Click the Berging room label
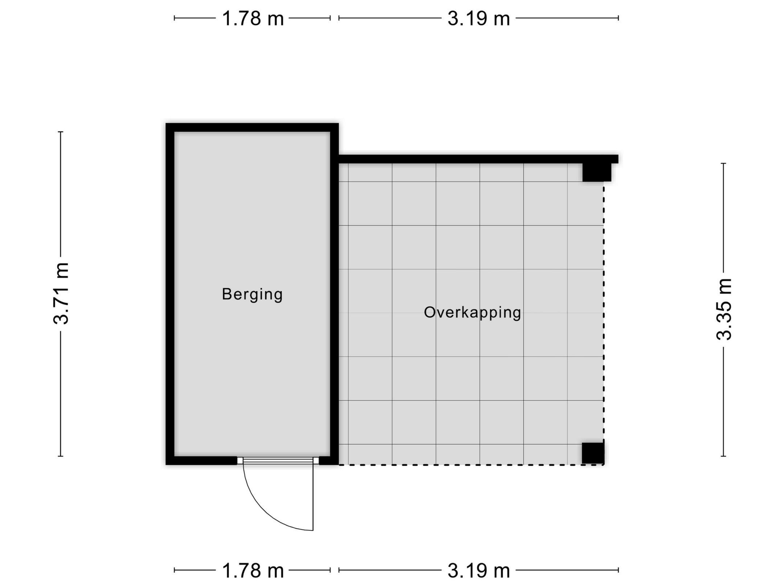252,294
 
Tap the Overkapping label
472,313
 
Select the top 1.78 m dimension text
253,19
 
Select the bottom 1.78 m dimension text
253,571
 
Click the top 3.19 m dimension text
478,19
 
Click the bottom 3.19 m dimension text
478,571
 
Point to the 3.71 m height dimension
61,293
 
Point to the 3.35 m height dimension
723,309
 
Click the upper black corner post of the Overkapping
596,172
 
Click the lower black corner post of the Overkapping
593,453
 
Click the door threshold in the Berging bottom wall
278,461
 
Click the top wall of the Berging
252,127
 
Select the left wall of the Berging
170,294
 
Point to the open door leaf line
313,497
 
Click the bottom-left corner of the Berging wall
170,460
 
